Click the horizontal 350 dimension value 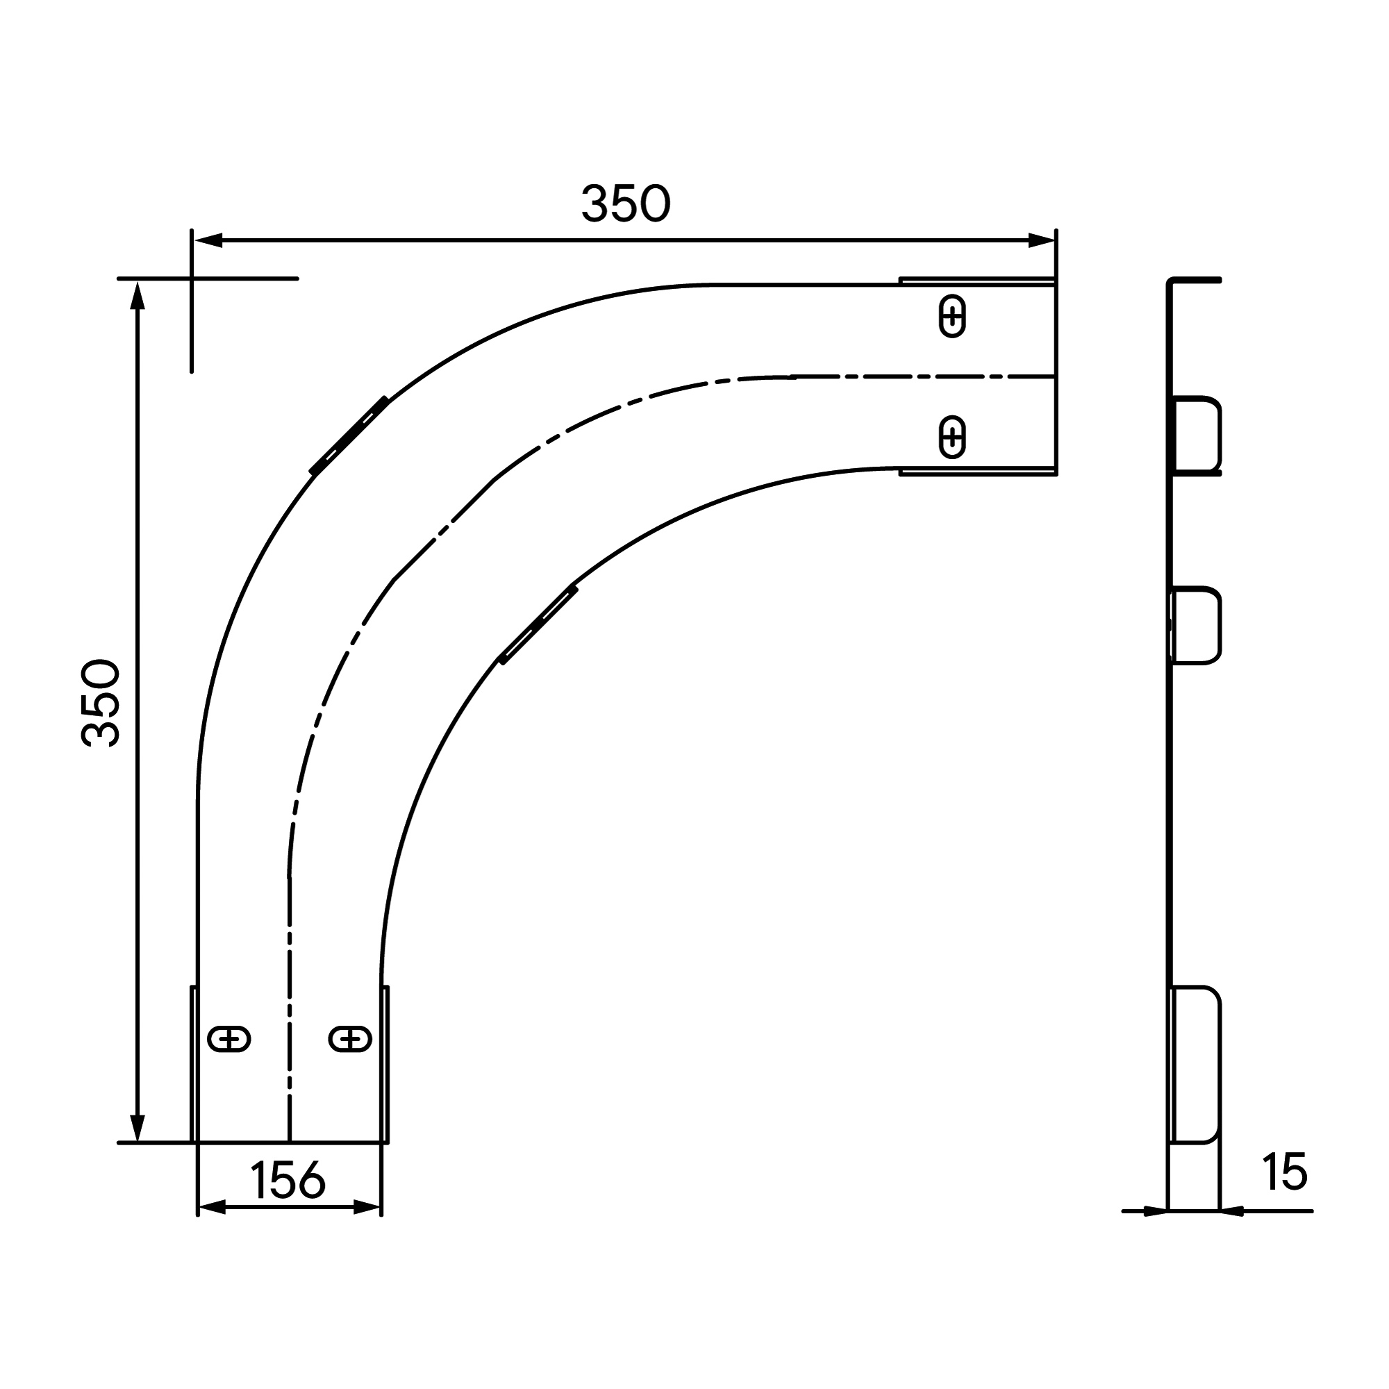click(x=626, y=203)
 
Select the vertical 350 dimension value click(x=101, y=703)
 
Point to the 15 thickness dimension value click(x=1285, y=1171)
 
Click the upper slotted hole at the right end click(x=953, y=316)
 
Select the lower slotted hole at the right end click(x=953, y=437)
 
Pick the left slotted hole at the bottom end click(x=228, y=1040)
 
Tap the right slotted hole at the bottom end click(x=350, y=1040)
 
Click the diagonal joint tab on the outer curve click(x=349, y=435)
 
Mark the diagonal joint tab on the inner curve click(x=539, y=624)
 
